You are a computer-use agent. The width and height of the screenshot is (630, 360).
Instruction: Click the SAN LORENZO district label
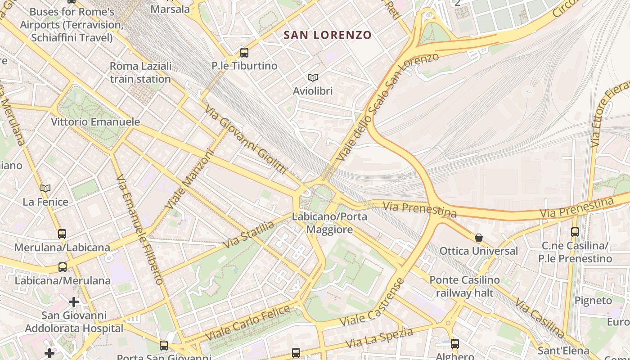(x=328, y=35)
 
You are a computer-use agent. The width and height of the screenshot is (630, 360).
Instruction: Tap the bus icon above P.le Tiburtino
(x=244, y=53)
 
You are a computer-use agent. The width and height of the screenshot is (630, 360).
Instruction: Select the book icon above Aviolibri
(x=313, y=78)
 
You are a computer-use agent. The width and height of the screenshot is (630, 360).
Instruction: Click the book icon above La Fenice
(x=45, y=188)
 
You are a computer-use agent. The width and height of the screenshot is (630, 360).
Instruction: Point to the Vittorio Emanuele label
(x=95, y=122)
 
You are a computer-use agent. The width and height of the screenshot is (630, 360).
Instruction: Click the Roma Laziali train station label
(x=140, y=72)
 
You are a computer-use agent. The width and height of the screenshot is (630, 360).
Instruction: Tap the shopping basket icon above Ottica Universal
(x=479, y=237)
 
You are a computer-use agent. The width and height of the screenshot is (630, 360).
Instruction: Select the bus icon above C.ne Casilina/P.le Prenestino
(x=575, y=232)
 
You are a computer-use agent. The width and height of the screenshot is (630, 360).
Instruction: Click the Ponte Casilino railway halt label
(x=464, y=287)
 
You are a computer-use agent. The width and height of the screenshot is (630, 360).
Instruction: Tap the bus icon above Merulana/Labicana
(x=62, y=234)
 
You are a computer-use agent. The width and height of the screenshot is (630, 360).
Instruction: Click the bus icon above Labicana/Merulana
(x=63, y=267)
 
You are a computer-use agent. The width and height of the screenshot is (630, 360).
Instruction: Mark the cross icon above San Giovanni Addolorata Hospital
(x=74, y=301)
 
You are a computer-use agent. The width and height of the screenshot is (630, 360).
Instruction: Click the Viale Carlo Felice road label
(x=247, y=323)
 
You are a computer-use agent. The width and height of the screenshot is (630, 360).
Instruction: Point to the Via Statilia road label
(x=249, y=234)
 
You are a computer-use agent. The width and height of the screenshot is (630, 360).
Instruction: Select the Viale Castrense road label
(x=373, y=302)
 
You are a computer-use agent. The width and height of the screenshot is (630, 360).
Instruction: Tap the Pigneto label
(x=593, y=301)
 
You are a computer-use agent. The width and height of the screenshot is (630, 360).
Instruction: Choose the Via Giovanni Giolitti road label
(x=245, y=139)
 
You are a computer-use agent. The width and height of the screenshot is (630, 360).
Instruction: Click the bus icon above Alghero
(x=455, y=344)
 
